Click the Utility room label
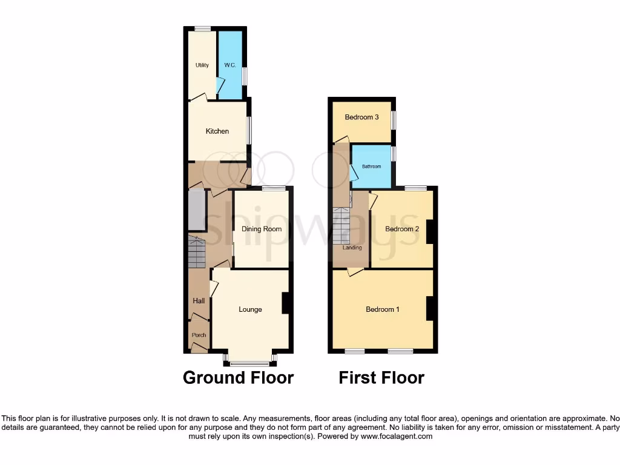202,65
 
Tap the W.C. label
229,65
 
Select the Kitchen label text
217,131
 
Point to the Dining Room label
262,229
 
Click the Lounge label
250,309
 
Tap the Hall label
199,301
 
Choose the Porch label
199,335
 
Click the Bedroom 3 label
361,117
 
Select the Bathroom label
372,166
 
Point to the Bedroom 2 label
402,229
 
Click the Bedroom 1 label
383,309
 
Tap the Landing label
352,248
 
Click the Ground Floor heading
238,378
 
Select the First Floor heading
381,378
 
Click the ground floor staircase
197,252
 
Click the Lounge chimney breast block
287,303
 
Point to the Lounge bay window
250,363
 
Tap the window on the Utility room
202,28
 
